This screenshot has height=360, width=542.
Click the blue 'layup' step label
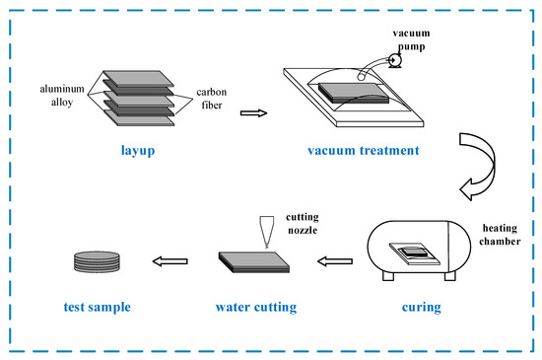[138, 151]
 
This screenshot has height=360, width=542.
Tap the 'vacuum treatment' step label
[364, 151]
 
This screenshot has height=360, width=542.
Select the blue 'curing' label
[422, 307]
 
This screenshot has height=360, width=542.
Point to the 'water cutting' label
[256, 307]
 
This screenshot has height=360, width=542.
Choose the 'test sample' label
[98, 307]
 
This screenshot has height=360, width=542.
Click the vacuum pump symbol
[394, 61]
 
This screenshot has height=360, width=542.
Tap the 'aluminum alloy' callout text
[62, 96]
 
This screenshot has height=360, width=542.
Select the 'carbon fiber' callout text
[212, 99]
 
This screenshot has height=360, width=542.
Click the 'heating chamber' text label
[500, 235]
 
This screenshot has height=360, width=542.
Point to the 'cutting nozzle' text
[303, 224]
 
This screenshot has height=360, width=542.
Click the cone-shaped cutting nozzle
[266, 232]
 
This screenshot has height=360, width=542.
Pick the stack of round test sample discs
[97, 261]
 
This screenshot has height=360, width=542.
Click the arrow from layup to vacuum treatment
[253, 113]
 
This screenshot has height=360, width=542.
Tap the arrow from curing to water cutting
[335, 261]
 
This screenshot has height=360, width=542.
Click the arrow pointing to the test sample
[170, 261]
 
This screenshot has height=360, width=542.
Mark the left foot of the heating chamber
[388, 276]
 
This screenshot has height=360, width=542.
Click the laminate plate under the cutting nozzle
[254, 262]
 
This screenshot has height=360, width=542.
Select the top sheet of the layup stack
[138, 79]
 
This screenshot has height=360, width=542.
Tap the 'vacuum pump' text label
[411, 39]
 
